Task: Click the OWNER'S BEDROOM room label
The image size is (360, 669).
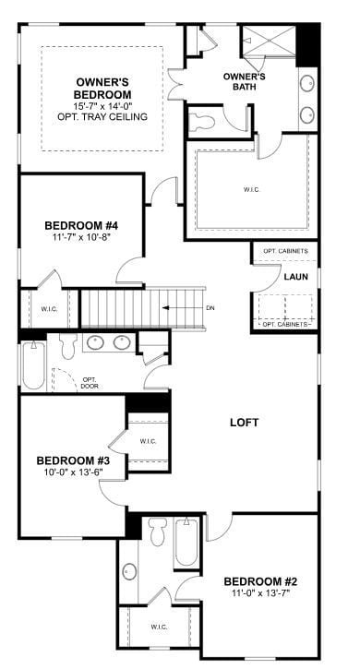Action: tap(102, 89)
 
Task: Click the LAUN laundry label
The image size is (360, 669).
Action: tap(295, 276)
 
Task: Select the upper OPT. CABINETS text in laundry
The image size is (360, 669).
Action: tap(285, 251)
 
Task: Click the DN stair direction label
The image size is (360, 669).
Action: tap(210, 308)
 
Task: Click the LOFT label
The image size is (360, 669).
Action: tap(244, 423)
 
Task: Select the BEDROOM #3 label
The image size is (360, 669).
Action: tap(73, 460)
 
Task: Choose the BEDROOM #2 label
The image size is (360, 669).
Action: tap(260, 581)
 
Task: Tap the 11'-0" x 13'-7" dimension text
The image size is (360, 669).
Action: tap(260, 594)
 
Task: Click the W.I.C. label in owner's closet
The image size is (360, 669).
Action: tap(251, 190)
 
